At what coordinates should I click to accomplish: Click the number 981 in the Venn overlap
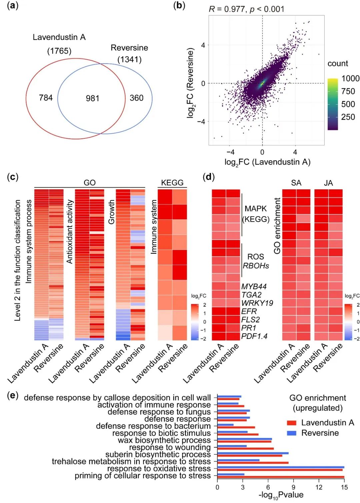(x=92, y=98)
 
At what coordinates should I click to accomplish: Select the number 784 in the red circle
(x=46, y=98)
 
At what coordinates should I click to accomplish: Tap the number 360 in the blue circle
(x=136, y=98)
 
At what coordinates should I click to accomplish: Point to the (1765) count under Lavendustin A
(x=59, y=51)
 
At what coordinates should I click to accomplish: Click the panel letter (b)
(x=179, y=6)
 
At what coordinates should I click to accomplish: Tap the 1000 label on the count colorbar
(x=350, y=78)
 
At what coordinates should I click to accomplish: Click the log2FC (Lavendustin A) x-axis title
(x=267, y=162)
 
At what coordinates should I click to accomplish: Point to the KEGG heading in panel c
(x=172, y=183)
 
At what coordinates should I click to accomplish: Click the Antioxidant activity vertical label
(x=70, y=232)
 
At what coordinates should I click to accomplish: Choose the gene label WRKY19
(x=257, y=303)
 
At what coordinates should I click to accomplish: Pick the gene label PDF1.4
(x=254, y=336)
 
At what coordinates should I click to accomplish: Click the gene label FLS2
(x=250, y=319)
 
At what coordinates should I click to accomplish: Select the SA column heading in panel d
(x=296, y=183)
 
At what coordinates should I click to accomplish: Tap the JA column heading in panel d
(x=328, y=183)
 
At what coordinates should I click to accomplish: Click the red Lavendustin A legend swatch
(x=291, y=423)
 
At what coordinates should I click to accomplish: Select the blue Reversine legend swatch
(x=291, y=433)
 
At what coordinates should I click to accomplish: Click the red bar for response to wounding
(x=245, y=449)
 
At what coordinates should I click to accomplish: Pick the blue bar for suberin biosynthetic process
(x=253, y=453)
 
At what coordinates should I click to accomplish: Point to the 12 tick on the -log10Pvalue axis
(x=319, y=487)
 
